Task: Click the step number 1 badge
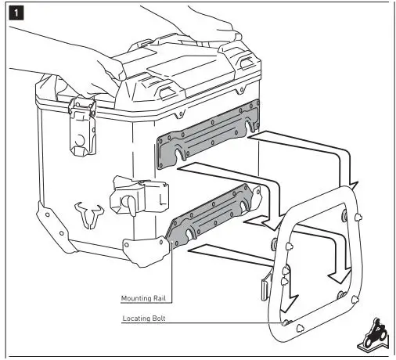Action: click(x=16, y=13)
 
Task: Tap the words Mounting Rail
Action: click(x=143, y=298)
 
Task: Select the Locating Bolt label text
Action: click(x=144, y=319)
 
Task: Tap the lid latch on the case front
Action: click(x=82, y=126)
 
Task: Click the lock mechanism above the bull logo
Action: click(x=139, y=193)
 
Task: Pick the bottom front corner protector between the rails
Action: click(x=146, y=250)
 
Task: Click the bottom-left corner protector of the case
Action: click(x=54, y=226)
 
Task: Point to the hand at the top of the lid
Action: click(x=203, y=22)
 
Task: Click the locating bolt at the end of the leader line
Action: click(x=286, y=323)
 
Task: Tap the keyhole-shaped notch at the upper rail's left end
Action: click(x=179, y=152)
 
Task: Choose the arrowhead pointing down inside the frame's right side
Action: click(x=340, y=276)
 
